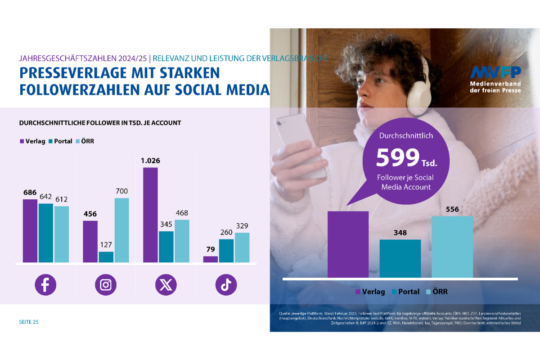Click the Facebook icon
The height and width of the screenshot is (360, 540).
coord(45,285)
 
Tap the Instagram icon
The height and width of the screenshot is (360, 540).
coord(106,285)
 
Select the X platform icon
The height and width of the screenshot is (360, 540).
coord(166,285)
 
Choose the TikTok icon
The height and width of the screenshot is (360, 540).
coord(226,285)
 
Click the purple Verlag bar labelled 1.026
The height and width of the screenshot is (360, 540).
coord(150,215)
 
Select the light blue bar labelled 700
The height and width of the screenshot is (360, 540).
coord(121,230)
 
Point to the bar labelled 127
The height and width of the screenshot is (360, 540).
coord(106,257)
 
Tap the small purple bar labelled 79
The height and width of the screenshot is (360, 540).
coord(211,259)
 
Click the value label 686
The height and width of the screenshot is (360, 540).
coord(30,192)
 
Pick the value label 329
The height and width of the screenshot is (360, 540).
coord(242,226)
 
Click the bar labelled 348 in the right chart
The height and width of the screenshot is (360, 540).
coord(400,258)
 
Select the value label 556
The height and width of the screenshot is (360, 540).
coord(452,209)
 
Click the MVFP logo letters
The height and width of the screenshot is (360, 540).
coord(495,72)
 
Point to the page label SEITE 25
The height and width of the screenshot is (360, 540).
coord(29,322)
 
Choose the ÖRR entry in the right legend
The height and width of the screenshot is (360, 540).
coord(436,292)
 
